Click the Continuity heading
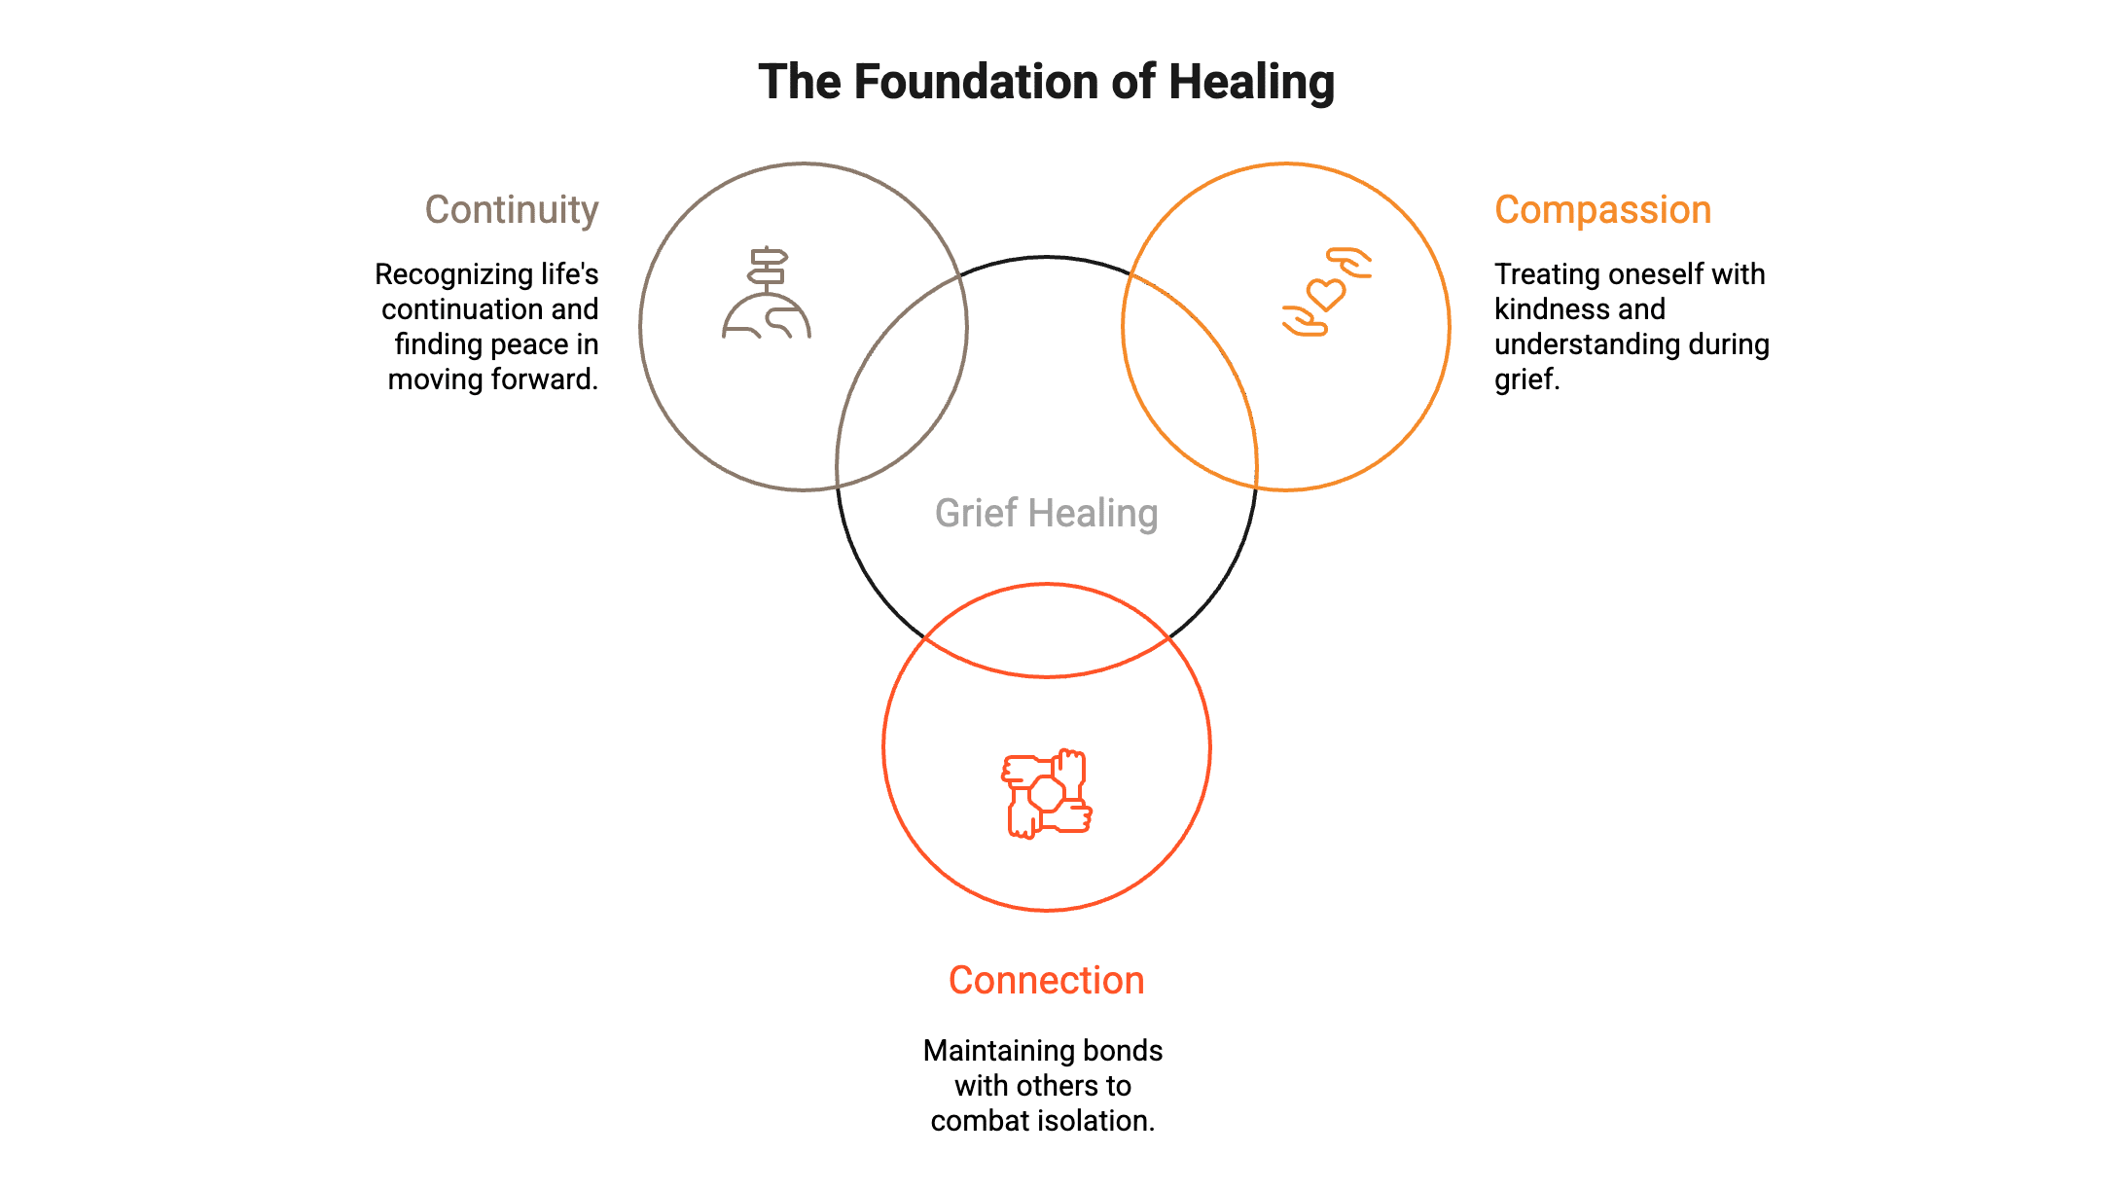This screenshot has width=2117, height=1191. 512,210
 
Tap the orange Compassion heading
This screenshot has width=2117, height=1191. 1602,210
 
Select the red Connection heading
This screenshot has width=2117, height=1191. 1046,981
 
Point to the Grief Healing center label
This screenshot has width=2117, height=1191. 1046,514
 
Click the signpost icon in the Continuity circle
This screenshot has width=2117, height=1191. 767,293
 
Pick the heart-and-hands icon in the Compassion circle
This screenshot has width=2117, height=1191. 1328,291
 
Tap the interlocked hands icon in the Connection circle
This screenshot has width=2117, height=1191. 1047,793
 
